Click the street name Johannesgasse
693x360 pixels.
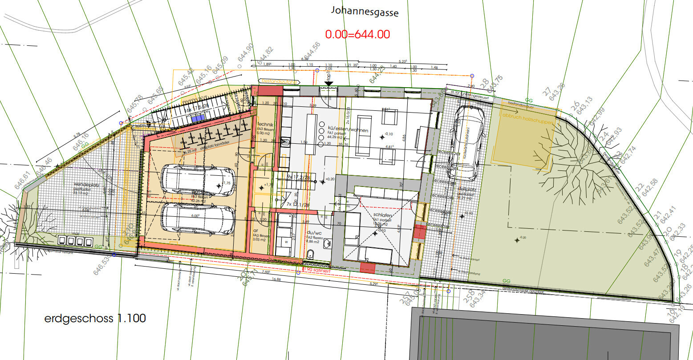(364, 12)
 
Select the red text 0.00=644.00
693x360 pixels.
(357, 34)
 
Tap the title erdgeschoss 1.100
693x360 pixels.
(95, 319)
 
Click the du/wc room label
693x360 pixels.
(314, 232)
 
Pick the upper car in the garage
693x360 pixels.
(198, 180)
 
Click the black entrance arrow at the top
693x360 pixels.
(328, 83)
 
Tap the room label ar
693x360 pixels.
(256, 231)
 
